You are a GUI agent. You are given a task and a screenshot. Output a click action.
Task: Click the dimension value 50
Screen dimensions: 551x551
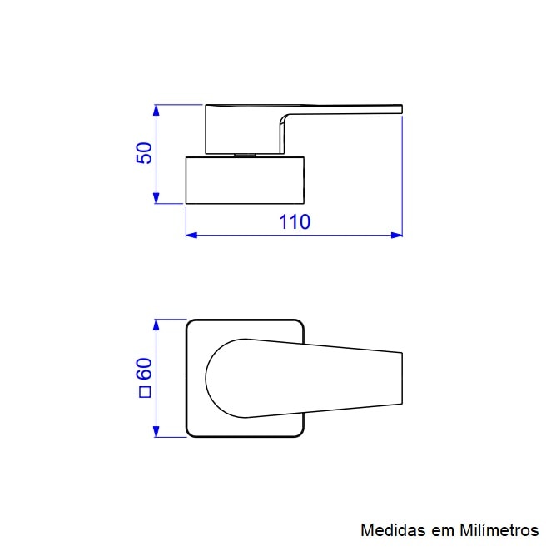coord(144,153)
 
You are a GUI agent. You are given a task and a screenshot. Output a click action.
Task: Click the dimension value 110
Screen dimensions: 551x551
coord(294,222)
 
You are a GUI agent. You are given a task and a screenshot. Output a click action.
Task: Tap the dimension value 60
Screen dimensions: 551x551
coord(144,369)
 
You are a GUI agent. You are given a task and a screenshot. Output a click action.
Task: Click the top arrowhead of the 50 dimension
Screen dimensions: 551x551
coord(156,109)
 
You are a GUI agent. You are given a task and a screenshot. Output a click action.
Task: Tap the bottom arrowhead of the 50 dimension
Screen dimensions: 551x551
coord(156,198)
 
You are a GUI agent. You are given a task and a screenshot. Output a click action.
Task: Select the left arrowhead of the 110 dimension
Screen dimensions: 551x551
coord(191,235)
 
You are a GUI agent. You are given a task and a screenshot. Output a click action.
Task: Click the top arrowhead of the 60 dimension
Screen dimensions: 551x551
coord(156,324)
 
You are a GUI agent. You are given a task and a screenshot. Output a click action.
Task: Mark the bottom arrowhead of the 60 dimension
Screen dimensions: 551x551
coord(156,432)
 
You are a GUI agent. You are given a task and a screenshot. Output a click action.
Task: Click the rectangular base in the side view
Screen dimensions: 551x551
coord(246,179)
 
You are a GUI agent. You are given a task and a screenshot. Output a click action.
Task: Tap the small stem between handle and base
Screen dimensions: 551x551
coord(245,154)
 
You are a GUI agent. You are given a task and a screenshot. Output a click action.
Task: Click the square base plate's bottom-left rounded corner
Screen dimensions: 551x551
coord(191,432)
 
